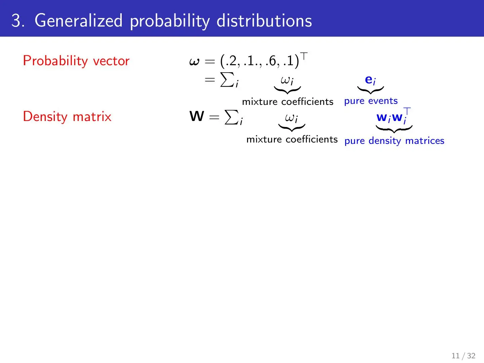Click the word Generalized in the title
pyautogui.click(x=79, y=21)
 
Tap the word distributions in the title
pyautogui.click(x=264, y=21)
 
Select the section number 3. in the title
pyautogui.click(x=18, y=21)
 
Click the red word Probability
pyautogui.click(x=55, y=61)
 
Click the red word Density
pyautogui.click(x=45, y=117)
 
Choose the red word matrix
pyautogui.click(x=92, y=117)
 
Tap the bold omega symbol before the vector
pyautogui.click(x=194, y=62)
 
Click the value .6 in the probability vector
pyautogui.click(x=271, y=61)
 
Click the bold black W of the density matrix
pyautogui.click(x=197, y=116)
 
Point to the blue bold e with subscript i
pyautogui.click(x=370, y=80)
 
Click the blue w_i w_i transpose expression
pyautogui.click(x=394, y=116)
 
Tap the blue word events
pyautogui.click(x=383, y=101)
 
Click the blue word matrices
pyautogui.click(x=425, y=140)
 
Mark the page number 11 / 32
pyautogui.click(x=463, y=356)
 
